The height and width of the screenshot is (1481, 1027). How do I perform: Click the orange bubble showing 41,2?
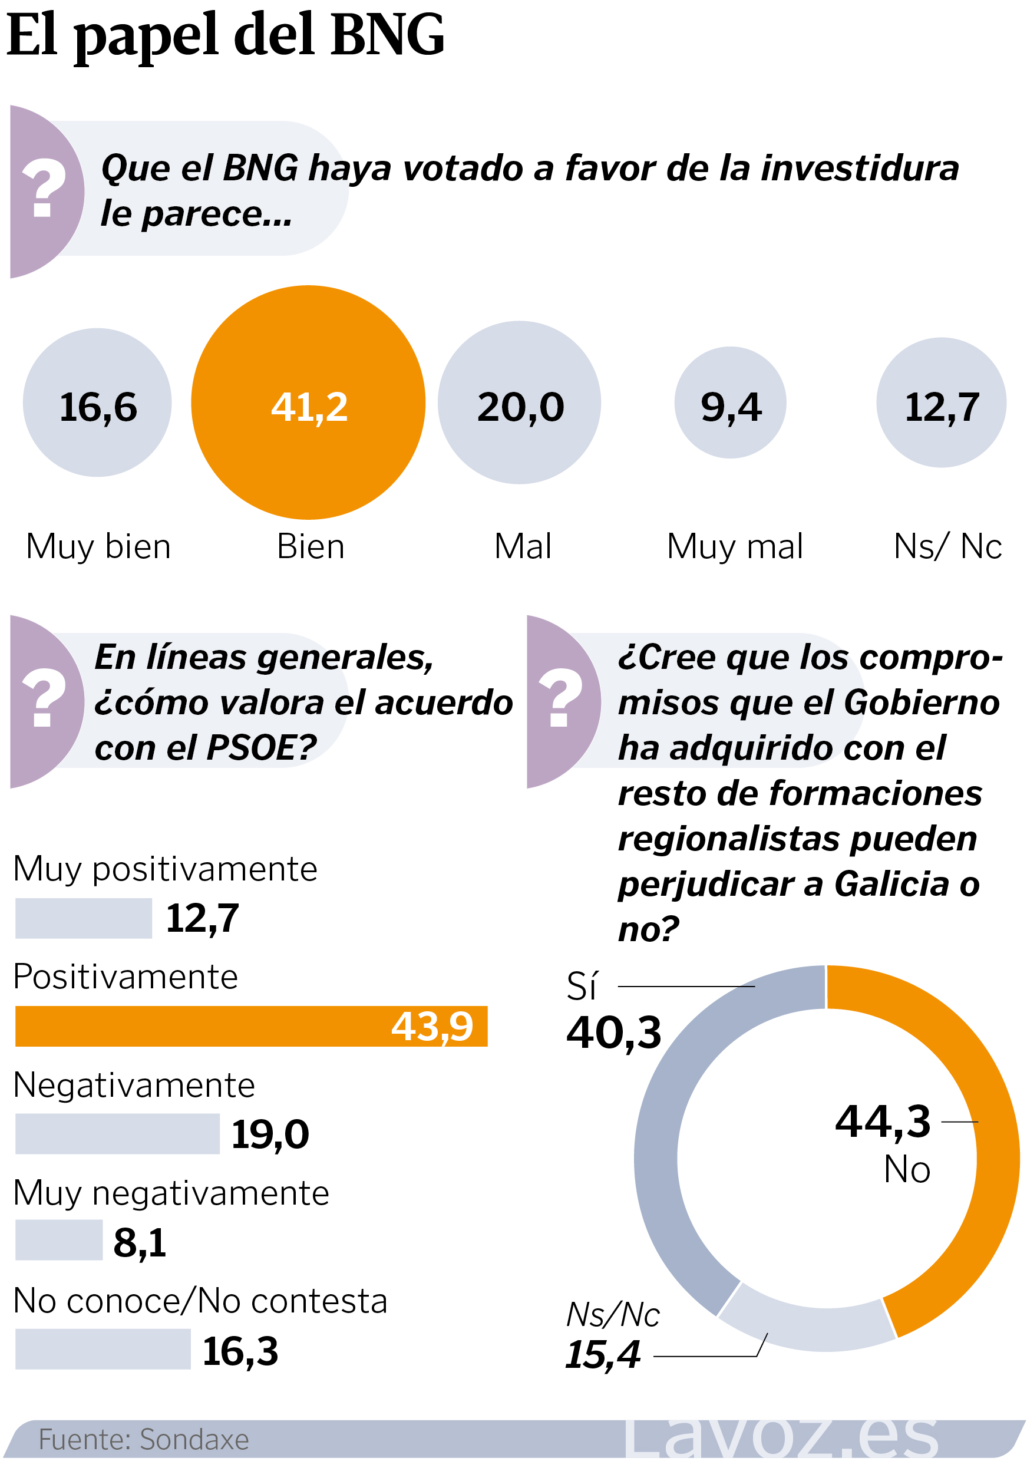(x=308, y=403)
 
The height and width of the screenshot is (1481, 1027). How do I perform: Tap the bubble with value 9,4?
(x=731, y=403)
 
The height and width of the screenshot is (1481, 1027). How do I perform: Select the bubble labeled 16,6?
(x=97, y=403)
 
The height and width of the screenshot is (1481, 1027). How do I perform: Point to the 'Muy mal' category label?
(x=735, y=546)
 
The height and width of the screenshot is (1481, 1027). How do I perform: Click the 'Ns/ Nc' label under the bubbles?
(x=947, y=546)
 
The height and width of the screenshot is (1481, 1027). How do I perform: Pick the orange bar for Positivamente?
(x=251, y=1026)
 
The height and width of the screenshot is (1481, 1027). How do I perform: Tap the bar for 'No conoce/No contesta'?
(x=103, y=1349)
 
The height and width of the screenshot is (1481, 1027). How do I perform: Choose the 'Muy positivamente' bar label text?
(x=166, y=869)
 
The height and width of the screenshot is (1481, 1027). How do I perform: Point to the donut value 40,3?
(x=614, y=1033)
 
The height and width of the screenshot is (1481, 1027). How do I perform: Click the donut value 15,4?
(x=603, y=1354)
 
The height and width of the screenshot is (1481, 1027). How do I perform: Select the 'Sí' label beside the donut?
(x=582, y=986)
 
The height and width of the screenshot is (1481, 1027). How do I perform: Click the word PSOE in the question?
(x=260, y=748)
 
